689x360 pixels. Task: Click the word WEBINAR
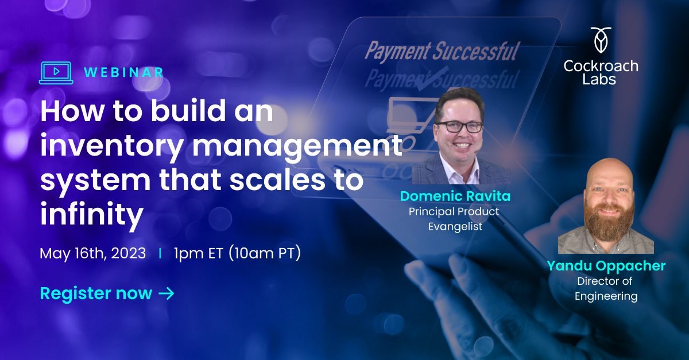pyautogui.click(x=123, y=72)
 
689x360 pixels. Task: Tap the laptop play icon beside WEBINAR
pyautogui.click(x=56, y=72)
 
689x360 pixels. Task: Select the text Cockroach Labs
pyautogui.click(x=601, y=72)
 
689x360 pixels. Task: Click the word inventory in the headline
pyautogui.click(x=110, y=146)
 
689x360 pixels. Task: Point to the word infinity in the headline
pyautogui.click(x=91, y=214)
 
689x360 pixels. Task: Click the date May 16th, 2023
pyautogui.click(x=92, y=253)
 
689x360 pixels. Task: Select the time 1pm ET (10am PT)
pyautogui.click(x=237, y=253)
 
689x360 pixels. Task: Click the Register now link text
pyautogui.click(x=96, y=293)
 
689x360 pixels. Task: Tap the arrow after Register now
pyautogui.click(x=166, y=293)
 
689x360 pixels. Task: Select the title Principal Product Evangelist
pyautogui.click(x=454, y=219)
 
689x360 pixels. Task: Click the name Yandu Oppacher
pyautogui.click(x=606, y=266)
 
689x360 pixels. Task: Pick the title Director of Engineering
pyautogui.click(x=607, y=289)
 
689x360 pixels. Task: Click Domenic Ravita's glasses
pyautogui.click(x=459, y=126)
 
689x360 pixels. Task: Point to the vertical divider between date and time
pyautogui.click(x=160, y=253)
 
